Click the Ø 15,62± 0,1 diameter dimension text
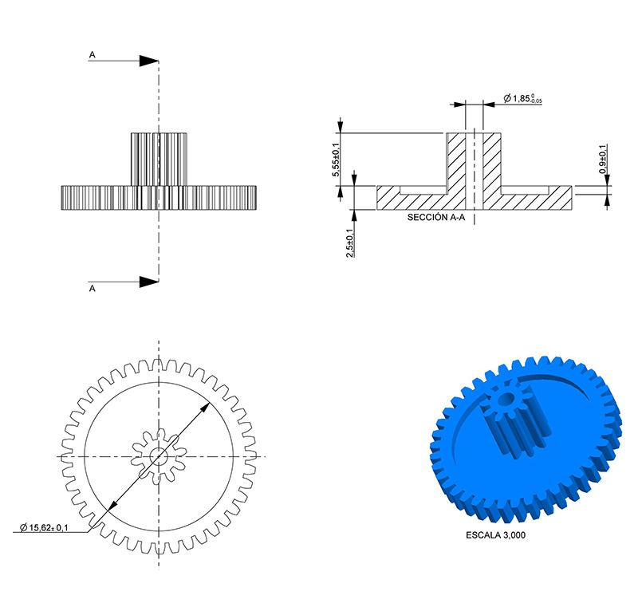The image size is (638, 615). pos(44,528)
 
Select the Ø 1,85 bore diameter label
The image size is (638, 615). pos(522,98)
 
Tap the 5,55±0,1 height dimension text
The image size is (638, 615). pos(337,160)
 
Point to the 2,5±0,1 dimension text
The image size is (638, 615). pos(350,243)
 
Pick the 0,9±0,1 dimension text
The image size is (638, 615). pos(603,160)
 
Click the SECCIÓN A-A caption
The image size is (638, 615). pos(436,217)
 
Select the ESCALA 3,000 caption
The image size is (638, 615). pos(495,535)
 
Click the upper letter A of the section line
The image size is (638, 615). pos(93,54)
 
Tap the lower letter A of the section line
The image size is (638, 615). pos(93,288)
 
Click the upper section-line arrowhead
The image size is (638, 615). pos(149,61)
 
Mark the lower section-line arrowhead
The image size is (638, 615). pos(149,282)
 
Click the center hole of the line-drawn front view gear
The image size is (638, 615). pos(159,457)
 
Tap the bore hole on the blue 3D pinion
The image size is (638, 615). pos(506,400)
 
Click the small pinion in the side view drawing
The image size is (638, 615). pos(159,160)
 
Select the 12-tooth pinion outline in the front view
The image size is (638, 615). pos(159,457)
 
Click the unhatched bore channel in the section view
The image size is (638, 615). pos(475,171)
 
